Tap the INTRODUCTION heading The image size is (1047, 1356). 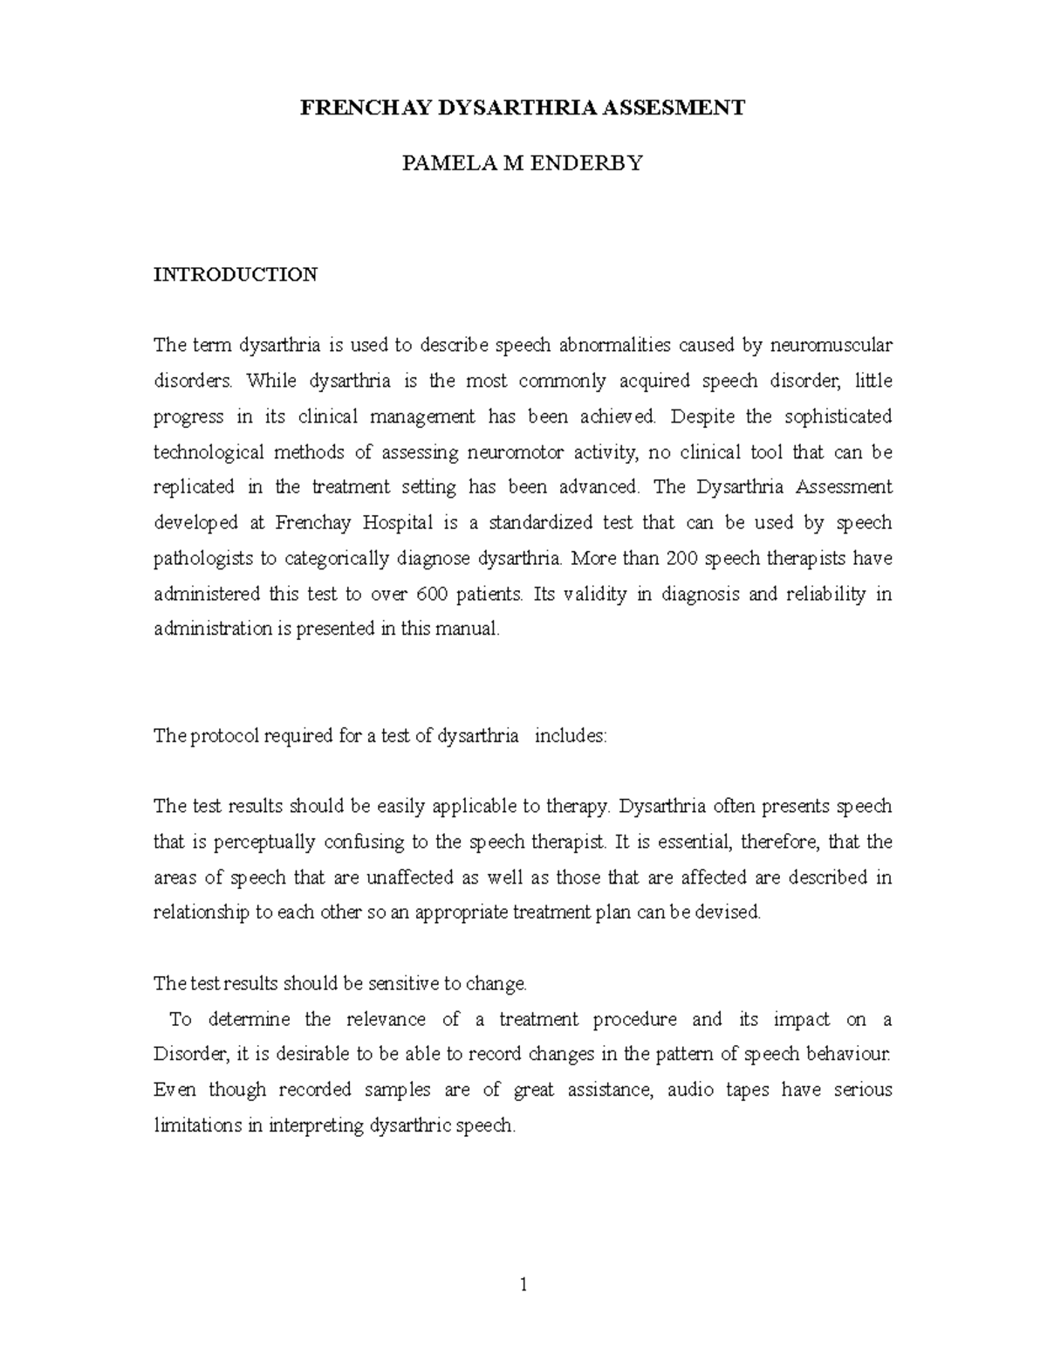(x=236, y=274)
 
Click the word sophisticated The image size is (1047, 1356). (x=838, y=416)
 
